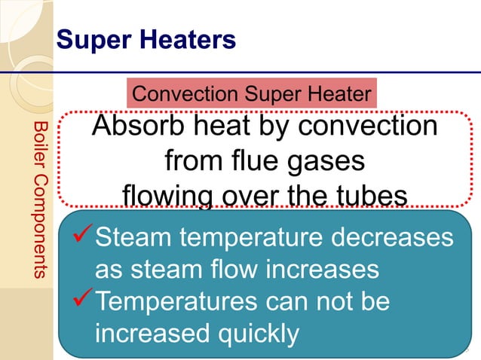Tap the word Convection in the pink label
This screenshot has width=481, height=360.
tap(185, 94)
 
